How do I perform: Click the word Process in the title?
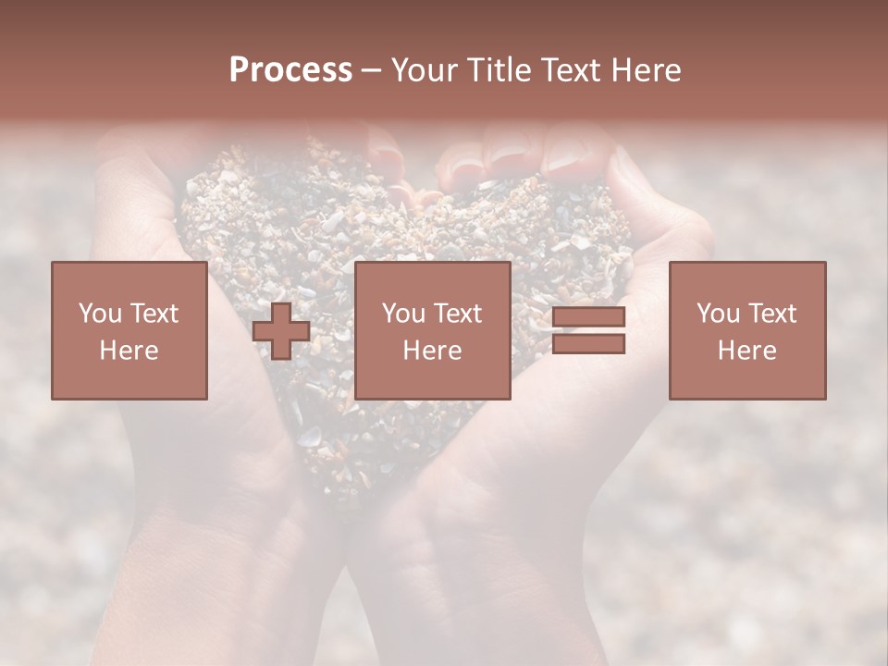click(x=290, y=70)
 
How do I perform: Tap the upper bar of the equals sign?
click(x=588, y=317)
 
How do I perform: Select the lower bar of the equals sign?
click(x=588, y=344)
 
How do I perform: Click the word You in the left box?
click(x=99, y=314)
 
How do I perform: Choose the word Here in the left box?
click(x=129, y=351)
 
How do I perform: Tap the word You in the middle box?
click(x=403, y=314)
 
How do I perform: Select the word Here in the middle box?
click(x=432, y=351)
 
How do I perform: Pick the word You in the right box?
click(x=718, y=314)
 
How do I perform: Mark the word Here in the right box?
click(x=746, y=351)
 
